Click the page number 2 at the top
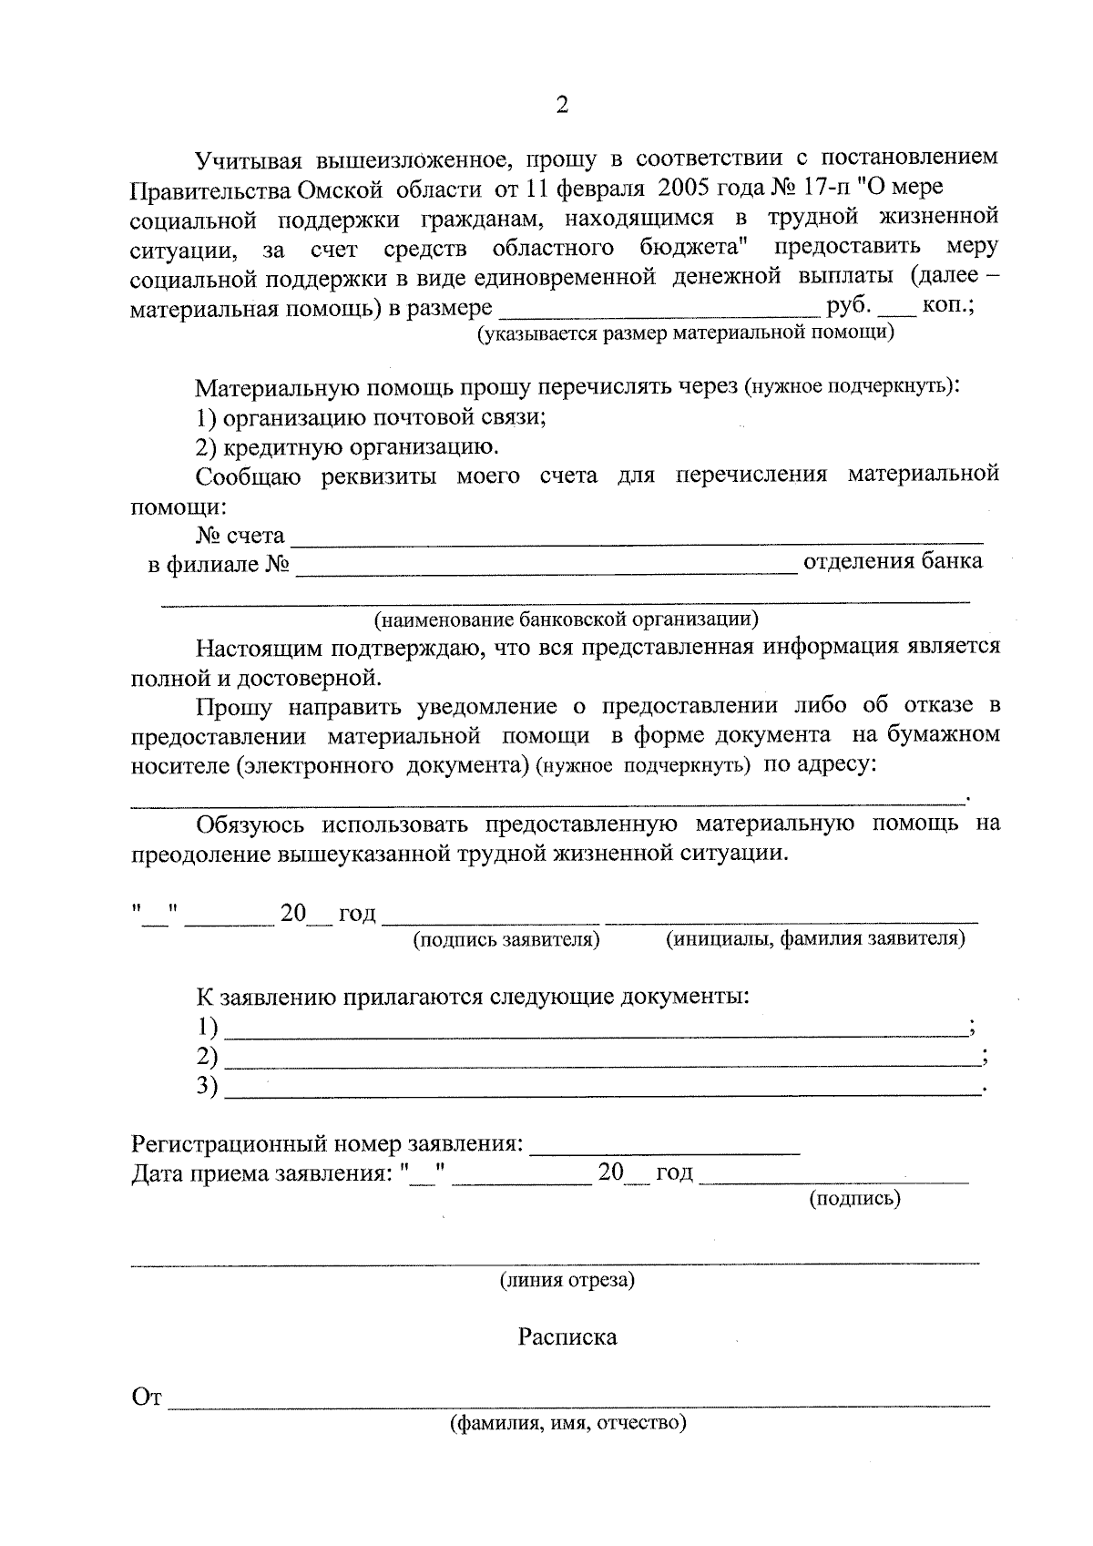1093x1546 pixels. (561, 107)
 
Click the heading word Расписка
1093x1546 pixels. (567, 1336)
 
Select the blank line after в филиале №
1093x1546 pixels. (545, 567)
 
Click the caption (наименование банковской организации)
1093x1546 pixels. (567, 620)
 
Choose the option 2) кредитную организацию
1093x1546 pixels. (347, 447)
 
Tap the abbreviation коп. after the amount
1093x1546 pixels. (948, 306)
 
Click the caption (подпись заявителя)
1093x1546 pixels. (506, 939)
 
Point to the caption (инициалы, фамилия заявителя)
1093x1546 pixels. (815, 938)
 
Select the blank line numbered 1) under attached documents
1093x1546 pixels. (596, 1029)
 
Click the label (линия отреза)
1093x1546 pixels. (567, 1280)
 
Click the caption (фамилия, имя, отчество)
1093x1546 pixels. (567, 1423)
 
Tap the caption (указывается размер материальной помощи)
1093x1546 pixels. (686, 333)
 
